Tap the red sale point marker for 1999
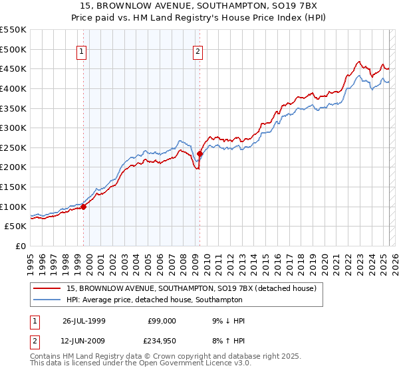coord(84,207)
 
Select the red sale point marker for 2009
coord(200,154)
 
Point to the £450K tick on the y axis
coord(14,68)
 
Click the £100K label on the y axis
coord(14,207)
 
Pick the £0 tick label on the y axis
coord(20,246)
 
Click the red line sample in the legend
coord(47,288)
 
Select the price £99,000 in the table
coord(162,321)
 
